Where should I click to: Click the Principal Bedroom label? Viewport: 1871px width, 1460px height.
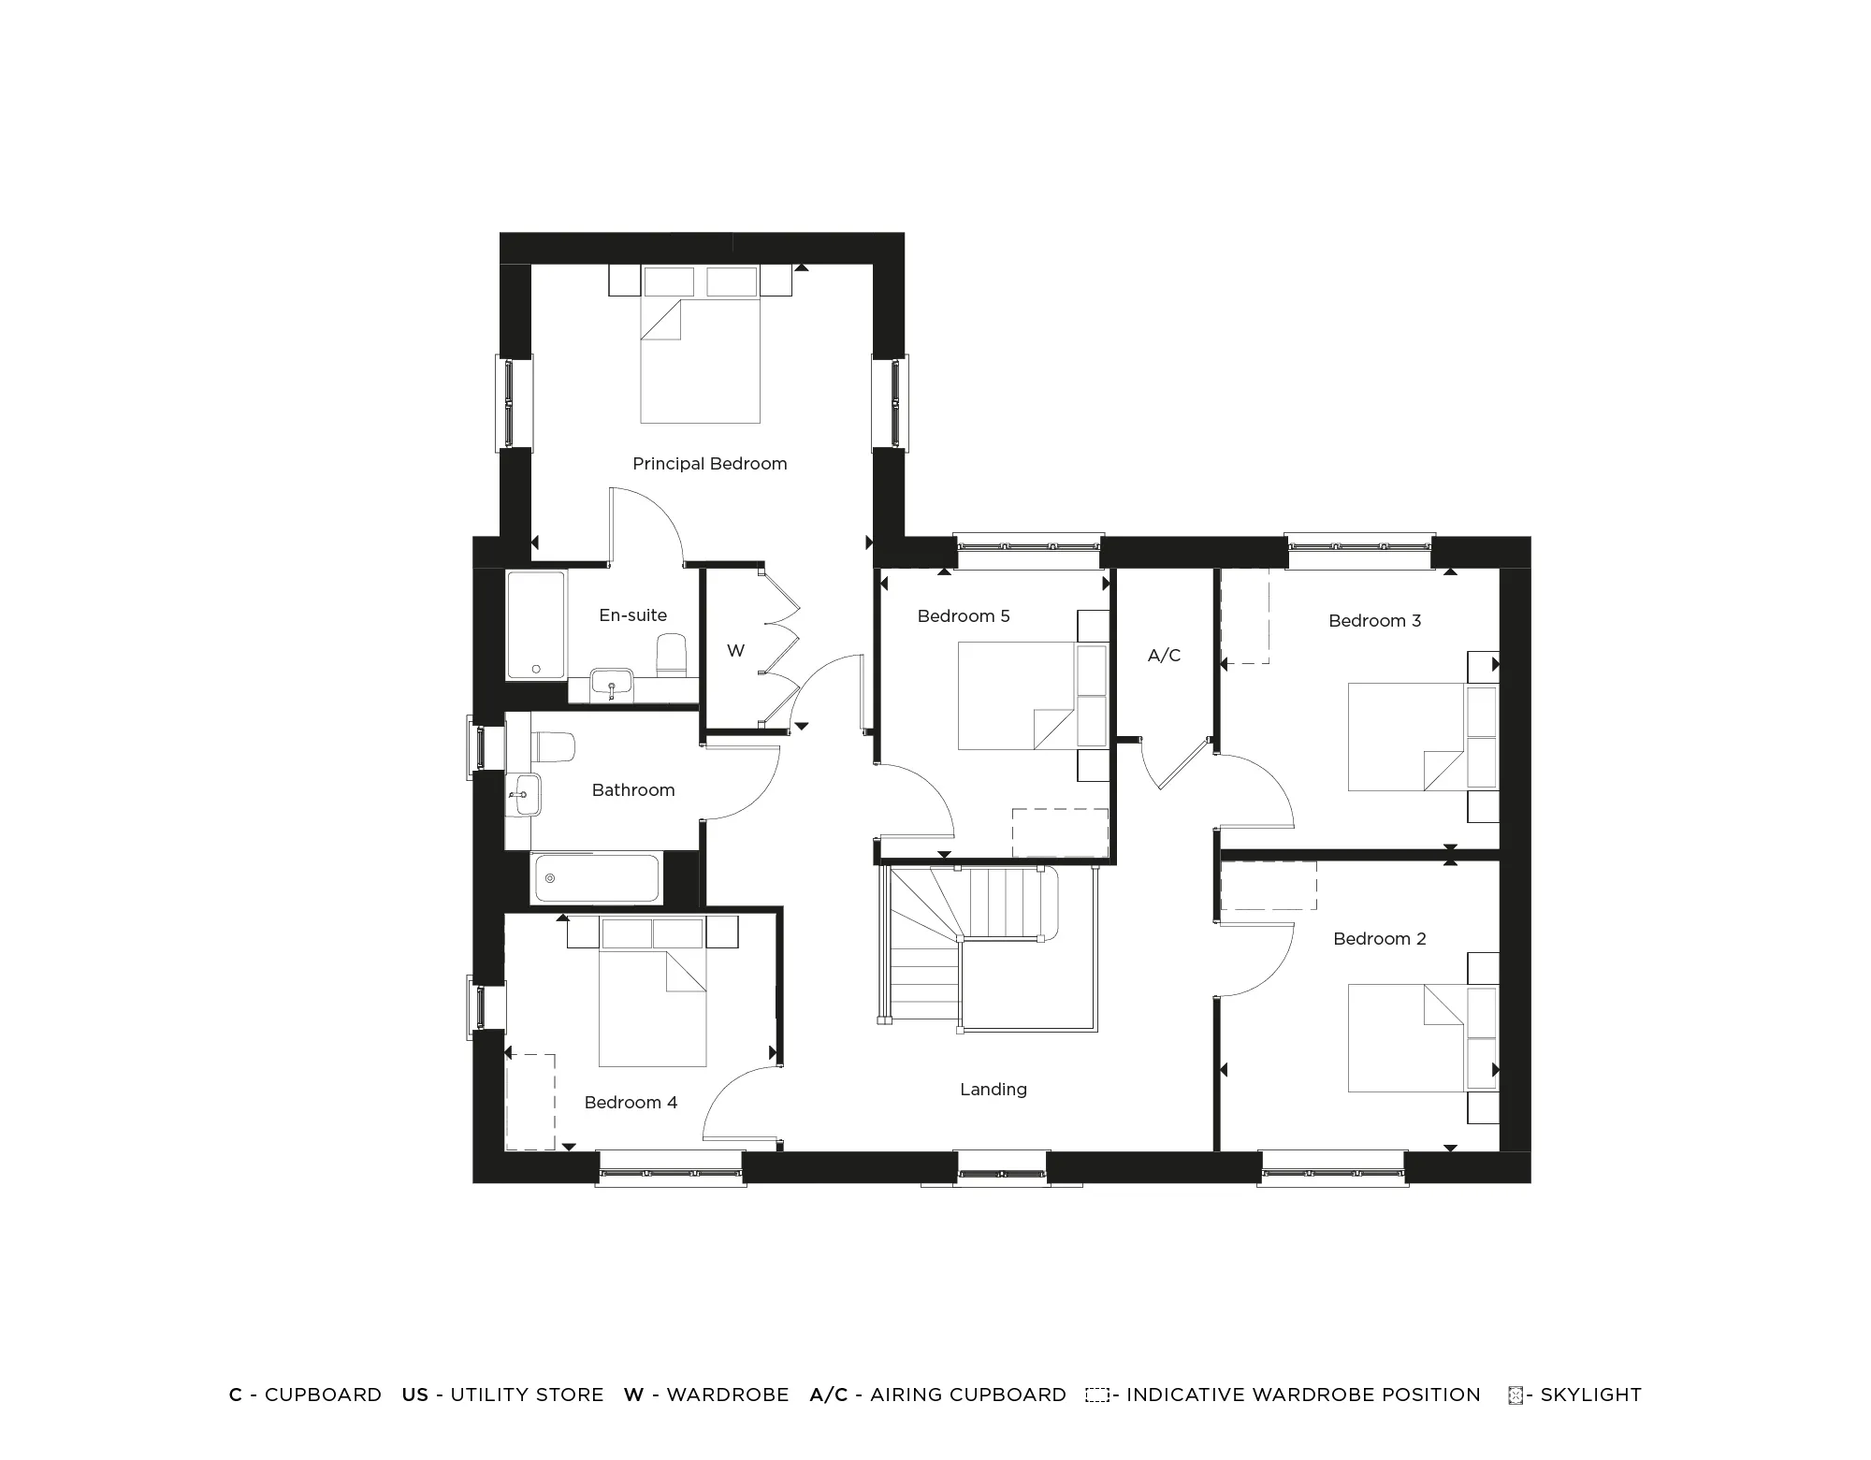[x=709, y=464]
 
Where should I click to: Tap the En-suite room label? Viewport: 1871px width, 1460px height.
[x=632, y=615]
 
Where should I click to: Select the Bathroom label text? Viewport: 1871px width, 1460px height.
[x=632, y=790]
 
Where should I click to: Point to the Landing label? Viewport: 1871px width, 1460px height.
[x=993, y=1090]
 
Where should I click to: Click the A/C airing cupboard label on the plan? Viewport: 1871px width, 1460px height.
[x=1164, y=656]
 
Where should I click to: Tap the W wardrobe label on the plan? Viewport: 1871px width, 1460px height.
[x=735, y=651]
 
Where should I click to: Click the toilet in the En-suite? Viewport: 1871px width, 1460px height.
[x=672, y=655]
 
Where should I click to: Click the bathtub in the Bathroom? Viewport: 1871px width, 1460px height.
[x=595, y=878]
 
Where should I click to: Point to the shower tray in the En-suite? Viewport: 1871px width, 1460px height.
[x=536, y=625]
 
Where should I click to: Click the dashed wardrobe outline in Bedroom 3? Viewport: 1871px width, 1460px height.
[x=1245, y=616]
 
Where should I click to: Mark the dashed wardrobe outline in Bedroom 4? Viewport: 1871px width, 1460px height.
[x=530, y=1102]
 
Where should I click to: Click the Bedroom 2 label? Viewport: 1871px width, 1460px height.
[x=1379, y=939]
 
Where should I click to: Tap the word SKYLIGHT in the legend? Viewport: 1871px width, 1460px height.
[x=1590, y=1395]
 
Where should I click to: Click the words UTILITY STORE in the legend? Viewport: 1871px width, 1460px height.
[x=527, y=1395]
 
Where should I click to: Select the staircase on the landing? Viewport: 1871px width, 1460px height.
[x=973, y=945]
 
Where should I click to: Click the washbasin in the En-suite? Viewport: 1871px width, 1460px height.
[x=612, y=682]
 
